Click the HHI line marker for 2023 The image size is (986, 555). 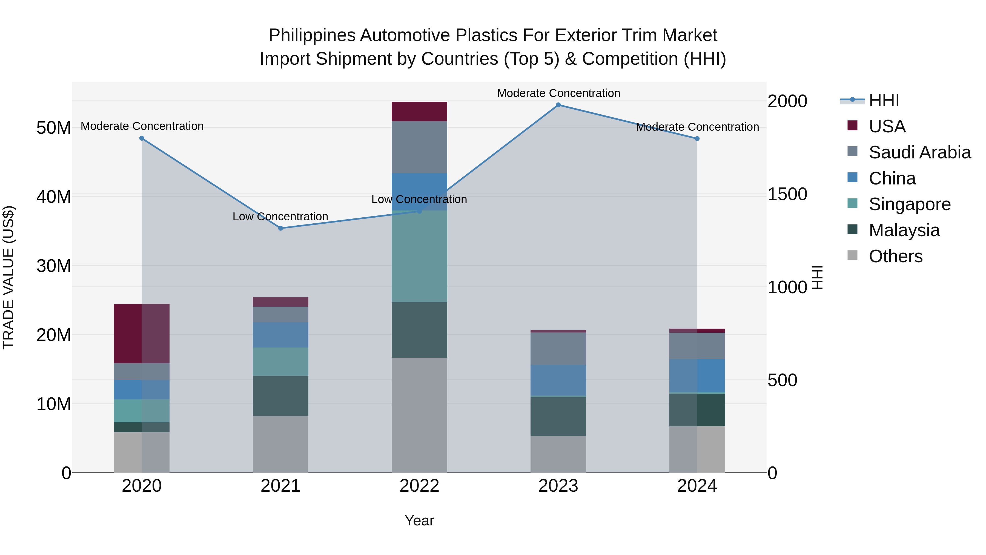point(558,105)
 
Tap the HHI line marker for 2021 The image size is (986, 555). point(280,228)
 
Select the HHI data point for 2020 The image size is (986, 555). point(142,138)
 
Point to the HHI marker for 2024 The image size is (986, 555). point(697,139)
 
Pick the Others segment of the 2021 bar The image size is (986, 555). point(280,444)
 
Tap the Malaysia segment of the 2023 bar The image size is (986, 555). point(558,416)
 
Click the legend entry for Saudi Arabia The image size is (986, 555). point(919,152)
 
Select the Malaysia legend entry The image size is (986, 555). point(904,230)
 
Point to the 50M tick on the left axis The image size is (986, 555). point(54,127)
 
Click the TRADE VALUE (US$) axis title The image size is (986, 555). point(8,277)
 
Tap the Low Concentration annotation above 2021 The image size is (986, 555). point(280,217)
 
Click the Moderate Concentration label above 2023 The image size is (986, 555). point(558,93)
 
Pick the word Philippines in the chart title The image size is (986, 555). point(312,35)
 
